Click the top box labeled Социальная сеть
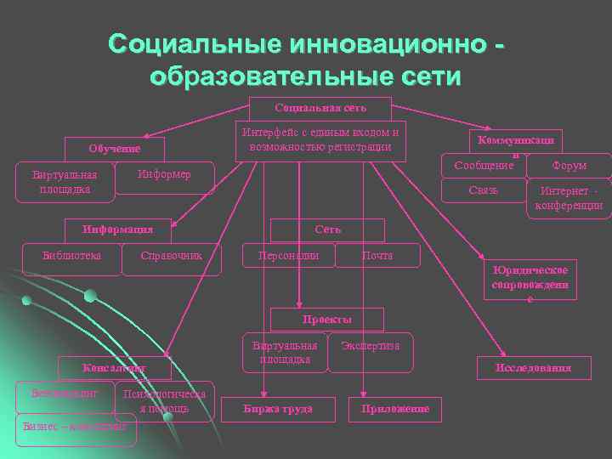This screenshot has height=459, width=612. click(x=320, y=108)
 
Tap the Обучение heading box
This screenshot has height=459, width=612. click(x=115, y=149)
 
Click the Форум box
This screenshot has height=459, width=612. click(x=569, y=165)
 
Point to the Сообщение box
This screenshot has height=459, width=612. click(x=484, y=165)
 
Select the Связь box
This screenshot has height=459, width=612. click(x=484, y=190)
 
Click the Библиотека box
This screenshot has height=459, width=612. click(x=72, y=255)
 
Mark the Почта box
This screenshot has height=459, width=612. click(x=377, y=255)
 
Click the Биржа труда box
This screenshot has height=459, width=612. click(x=275, y=409)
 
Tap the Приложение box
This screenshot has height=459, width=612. click(x=395, y=410)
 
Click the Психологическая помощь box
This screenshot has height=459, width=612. click(x=163, y=402)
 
